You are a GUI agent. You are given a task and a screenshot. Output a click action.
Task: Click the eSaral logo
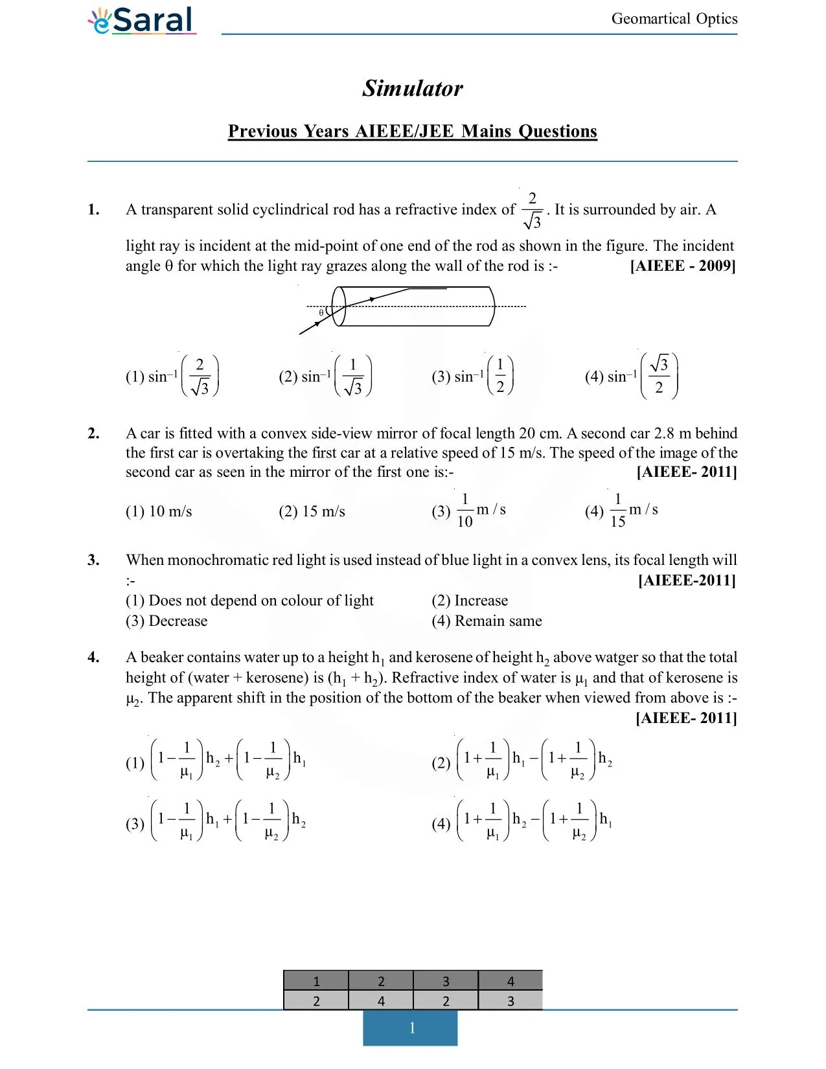[142, 20]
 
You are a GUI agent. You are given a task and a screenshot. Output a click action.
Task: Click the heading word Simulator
[413, 88]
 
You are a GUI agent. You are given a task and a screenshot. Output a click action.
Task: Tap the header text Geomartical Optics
[674, 19]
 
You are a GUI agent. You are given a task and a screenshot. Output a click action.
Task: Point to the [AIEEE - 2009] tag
[682, 266]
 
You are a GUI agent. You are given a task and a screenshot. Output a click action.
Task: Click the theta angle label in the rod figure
[321, 313]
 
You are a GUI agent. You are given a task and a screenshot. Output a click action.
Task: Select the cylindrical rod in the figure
[415, 306]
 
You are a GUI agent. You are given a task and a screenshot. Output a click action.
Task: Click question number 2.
[94, 433]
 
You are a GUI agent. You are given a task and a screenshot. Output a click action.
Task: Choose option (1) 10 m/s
[159, 511]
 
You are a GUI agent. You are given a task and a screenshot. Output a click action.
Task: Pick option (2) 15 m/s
[312, 511]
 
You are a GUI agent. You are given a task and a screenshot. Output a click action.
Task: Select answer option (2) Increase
[470, 601]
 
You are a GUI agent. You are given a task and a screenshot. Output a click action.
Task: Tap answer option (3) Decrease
[166, 621]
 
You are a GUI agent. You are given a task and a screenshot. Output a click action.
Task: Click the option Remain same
[498, 621]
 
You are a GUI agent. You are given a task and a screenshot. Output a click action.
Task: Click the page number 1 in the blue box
[411, 1028]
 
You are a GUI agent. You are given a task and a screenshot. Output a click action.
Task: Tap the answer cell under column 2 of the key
[381, 1001]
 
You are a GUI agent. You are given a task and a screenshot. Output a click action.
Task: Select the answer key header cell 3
[446, 981]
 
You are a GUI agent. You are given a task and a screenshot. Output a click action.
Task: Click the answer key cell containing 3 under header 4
[511, 1001]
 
